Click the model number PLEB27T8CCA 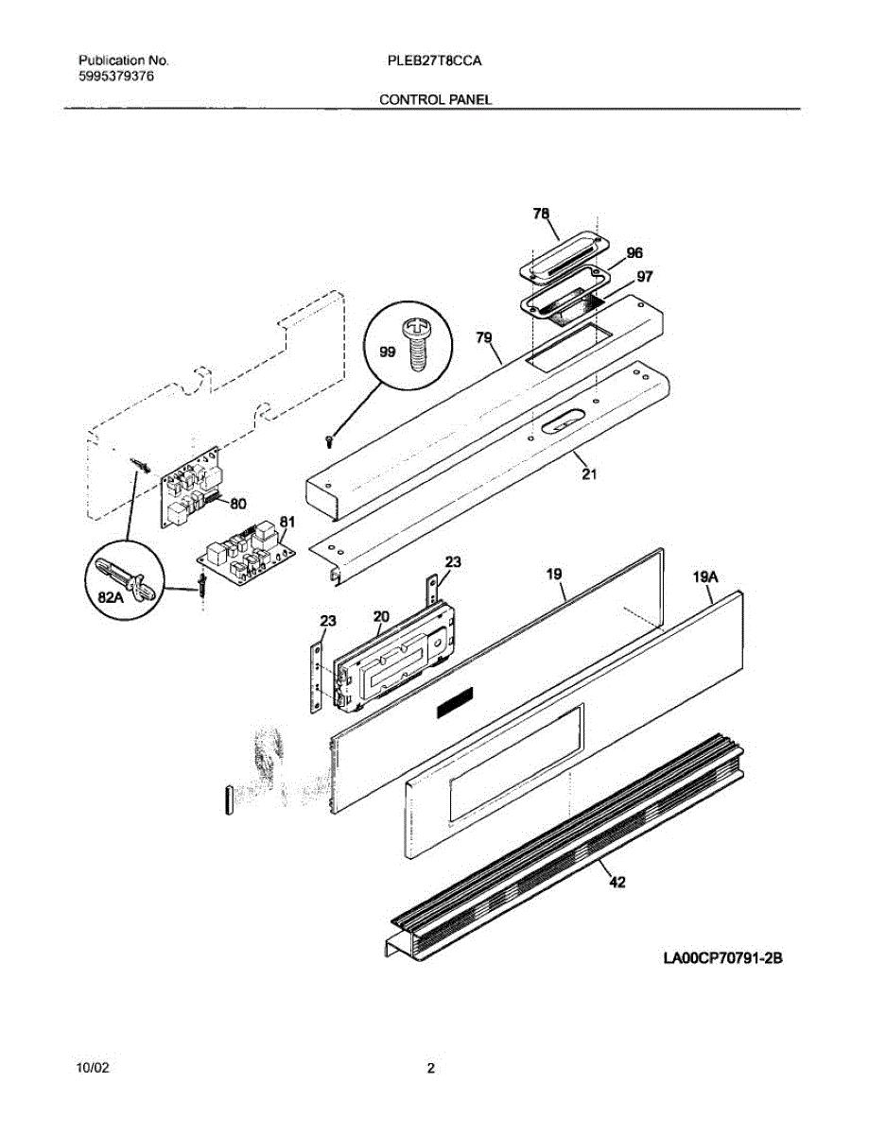coord(435,60)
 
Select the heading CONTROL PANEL coord(435,98)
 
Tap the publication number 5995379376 coord(116,77)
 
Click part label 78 coord(541,215)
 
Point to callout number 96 coord(634,253)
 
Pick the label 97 coord(644,277)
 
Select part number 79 coord(484,337)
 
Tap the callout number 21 coord(589,473)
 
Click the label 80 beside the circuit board coord(238,503)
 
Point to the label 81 coord(287,521)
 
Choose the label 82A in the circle coord(111,598)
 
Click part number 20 coord(380,616)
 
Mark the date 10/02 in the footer coord(93,1069)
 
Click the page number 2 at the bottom coord(431,1070)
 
